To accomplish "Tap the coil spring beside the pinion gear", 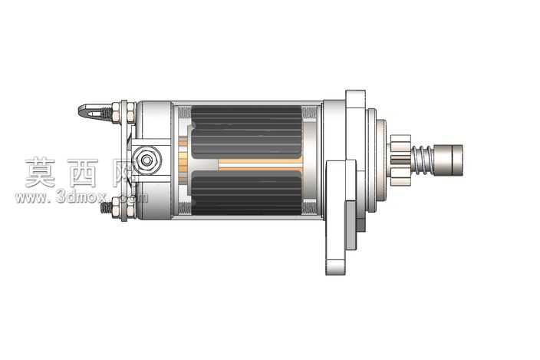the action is tap(423, 160).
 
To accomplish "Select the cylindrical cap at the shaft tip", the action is tap(449, 160).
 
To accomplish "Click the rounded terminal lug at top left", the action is tap(91, 111).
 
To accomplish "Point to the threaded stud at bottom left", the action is tap(107, 208).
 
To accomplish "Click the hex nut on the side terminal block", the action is tap(147, 160).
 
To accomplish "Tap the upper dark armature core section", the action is tap(246, 132).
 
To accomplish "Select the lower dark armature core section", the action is tap(246, 193).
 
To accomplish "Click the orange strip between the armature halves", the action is tap(261, 165).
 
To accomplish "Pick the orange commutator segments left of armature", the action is tap(183, 157).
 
